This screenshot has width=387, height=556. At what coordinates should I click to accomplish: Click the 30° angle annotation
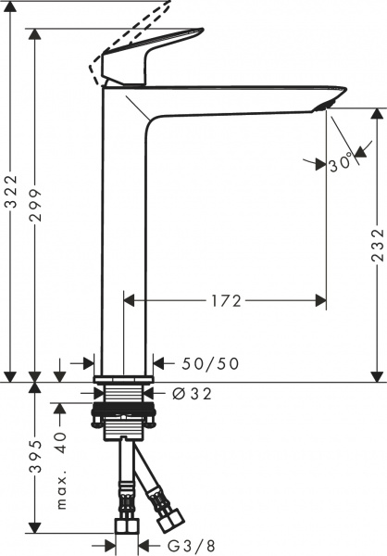pos(343,166)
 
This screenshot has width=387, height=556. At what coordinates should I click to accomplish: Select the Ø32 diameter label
pos(192,395)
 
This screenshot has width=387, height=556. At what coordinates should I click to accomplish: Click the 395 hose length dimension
pos(36,457)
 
